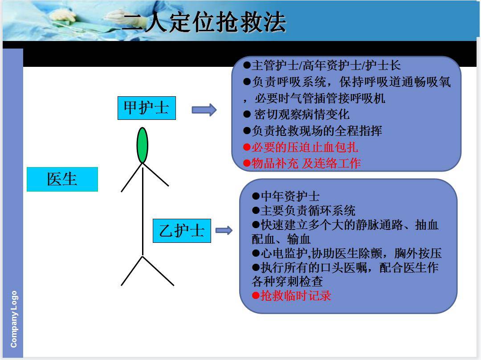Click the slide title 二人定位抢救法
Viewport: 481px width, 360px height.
(x=204, y=22)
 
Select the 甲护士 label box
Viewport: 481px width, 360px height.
(x=147, y=108)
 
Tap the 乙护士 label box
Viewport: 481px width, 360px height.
(x=182, y=231)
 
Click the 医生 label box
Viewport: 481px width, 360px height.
(x=62, y=179)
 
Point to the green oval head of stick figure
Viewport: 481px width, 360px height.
(x=142, y=145)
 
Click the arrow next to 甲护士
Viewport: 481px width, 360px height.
(x=204, y=110)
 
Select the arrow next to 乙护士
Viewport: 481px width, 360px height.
(x=224, y=230)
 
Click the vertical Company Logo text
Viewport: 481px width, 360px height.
(x=14, y=319)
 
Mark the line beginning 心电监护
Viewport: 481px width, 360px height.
(x=346, y=254)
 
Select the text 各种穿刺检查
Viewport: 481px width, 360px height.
(x=287, y=282)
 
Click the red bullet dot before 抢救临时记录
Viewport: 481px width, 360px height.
(x=256, y=295)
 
